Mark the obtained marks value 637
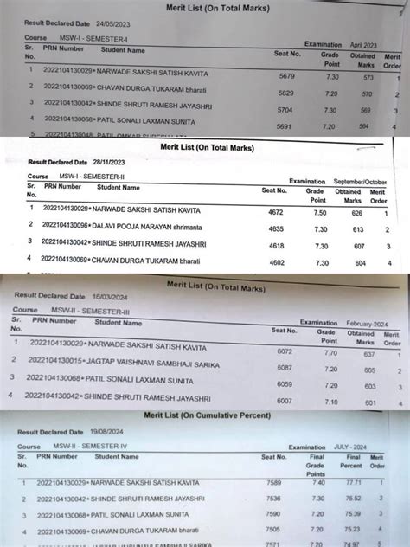pyautogui.click(x=369, y=354)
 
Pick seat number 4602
pyautogui.click(x=276, y=262)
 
